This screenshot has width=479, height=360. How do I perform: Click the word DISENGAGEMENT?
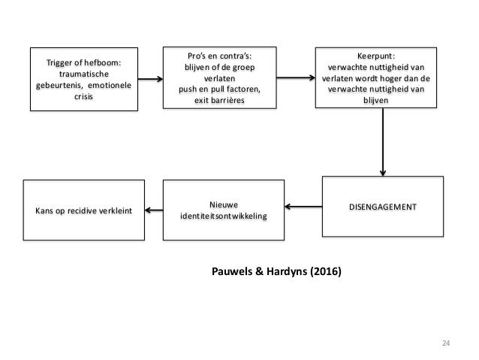382,207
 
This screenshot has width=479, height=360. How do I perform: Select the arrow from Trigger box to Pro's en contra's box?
150,79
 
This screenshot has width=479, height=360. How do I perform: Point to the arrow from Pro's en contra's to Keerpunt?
296,77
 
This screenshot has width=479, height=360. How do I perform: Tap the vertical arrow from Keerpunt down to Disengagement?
383,142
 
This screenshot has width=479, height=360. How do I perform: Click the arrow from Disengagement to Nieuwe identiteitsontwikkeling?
303,207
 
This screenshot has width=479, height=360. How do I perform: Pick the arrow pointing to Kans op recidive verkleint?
154,210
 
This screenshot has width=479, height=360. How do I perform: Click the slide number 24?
446,343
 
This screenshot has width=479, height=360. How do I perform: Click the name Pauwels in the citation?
232,271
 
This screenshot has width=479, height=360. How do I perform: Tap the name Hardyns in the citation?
287,271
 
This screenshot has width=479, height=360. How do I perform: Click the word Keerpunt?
376,56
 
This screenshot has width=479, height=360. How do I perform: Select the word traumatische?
84,74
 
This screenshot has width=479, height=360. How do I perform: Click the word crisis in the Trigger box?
83,96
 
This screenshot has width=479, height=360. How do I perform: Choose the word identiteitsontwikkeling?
224,216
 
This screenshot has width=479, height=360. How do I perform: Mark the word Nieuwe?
224,204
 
